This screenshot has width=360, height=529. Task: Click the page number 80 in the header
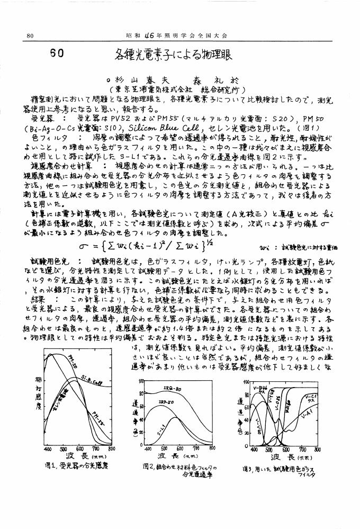(30, 35)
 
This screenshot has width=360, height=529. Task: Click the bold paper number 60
(57, 53)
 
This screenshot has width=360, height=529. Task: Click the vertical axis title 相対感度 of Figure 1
(38, 391)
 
